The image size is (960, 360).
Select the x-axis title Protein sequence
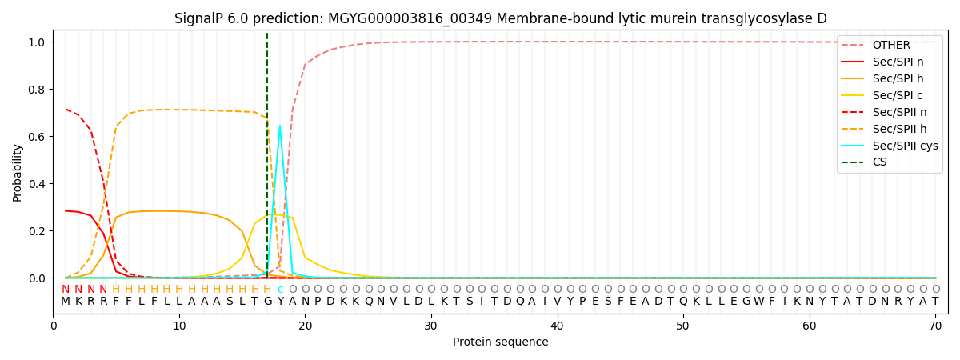(x=500, y=342)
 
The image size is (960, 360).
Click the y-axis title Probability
(x=18, y=173)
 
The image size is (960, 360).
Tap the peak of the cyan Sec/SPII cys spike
(x=279, y=126)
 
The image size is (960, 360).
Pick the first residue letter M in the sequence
(x=66, y=302)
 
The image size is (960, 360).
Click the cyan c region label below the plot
(x=280, y=290)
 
